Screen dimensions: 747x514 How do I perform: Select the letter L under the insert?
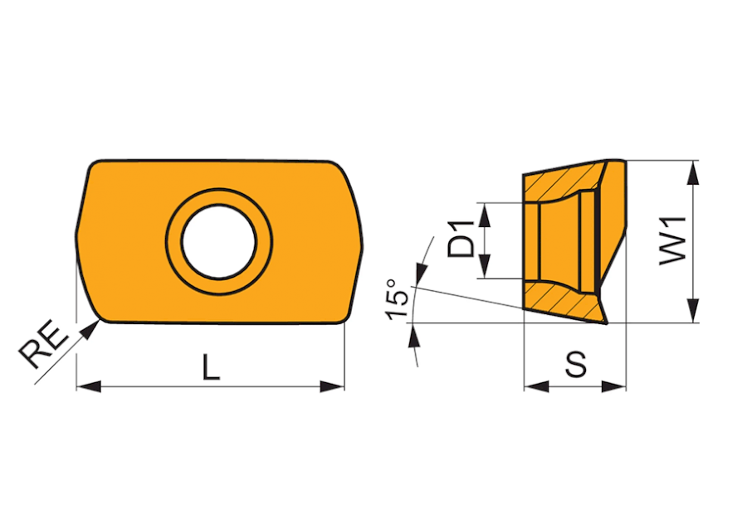point(211,366)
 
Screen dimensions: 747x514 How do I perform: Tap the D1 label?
point(461,240)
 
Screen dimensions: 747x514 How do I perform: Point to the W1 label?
point(672,240)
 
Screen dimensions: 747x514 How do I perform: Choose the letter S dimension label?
point(576,365)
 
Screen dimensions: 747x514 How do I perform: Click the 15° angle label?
point(397,299)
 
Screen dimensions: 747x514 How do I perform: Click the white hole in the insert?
point(219,241)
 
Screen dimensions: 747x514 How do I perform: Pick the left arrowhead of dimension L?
point(89,386)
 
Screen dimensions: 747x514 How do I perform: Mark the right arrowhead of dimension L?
point(332,386)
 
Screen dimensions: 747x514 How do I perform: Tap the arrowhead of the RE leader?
point(90,329)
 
